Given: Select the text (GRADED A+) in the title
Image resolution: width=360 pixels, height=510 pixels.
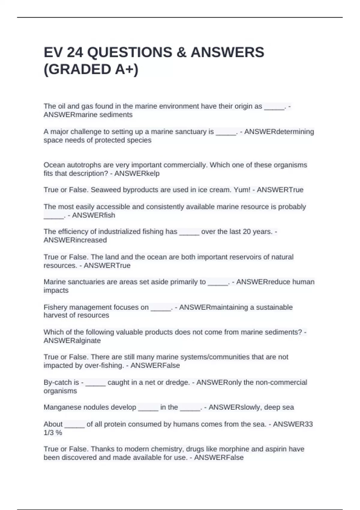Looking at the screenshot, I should click(x=91, y=70).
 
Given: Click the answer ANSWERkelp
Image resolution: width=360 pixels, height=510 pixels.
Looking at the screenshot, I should click(x=137, y=173).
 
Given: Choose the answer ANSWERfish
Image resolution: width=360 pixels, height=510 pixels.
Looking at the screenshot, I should click(x=94, y=215).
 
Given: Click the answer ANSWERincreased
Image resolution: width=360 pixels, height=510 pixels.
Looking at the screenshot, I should click(x=75, y=240).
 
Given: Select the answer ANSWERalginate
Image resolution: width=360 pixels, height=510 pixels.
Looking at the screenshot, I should click(x=72, y=340).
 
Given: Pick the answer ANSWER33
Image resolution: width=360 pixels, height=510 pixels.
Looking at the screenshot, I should click(x=293, y=424).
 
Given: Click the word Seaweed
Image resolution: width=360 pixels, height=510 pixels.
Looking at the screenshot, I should click(x=104, y=190).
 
